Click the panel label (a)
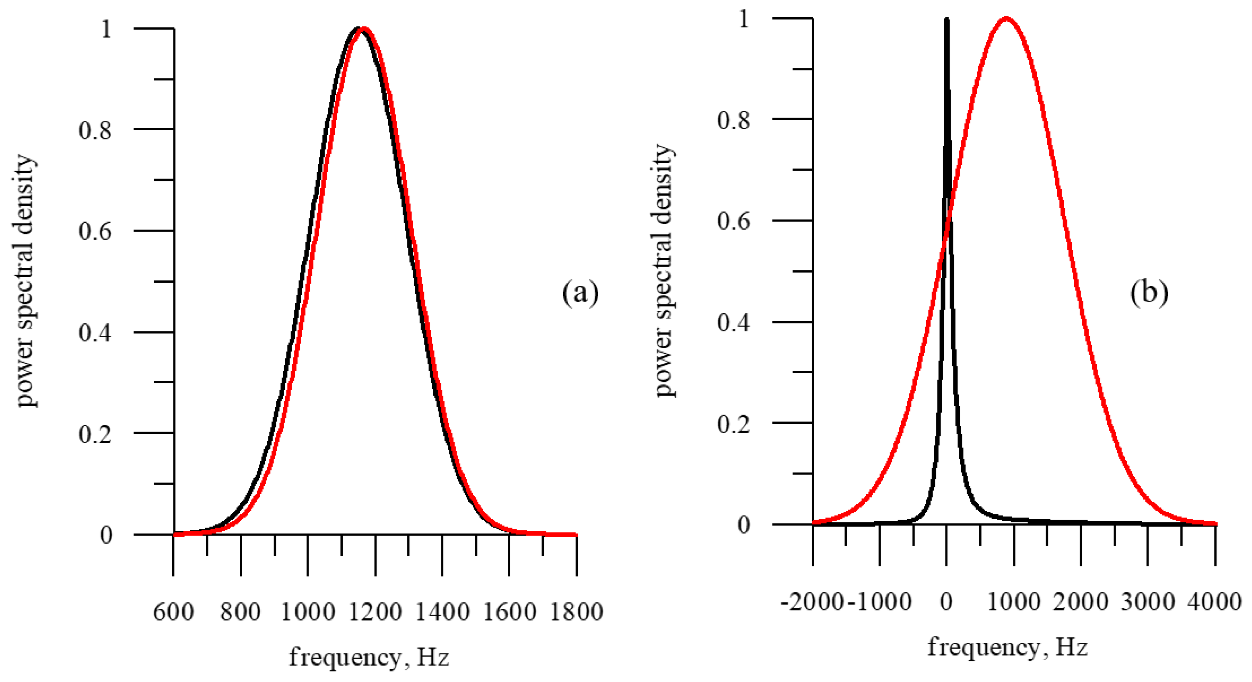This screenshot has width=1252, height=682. [x=580, y=293]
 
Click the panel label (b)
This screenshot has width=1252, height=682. [x=1149, y=293]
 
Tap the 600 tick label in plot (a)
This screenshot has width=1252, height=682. [x=173, y=612]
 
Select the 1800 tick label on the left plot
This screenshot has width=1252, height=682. [x=577, y=612]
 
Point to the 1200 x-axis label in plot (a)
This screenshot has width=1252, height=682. [x=375, y=612]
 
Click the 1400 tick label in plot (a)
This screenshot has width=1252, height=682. [x=442, y=612]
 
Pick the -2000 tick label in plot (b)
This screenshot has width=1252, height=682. [x=813, y=602]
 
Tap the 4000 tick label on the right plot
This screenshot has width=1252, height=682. [x=1215, y=602]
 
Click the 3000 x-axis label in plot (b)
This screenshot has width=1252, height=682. [x=1148, y=602]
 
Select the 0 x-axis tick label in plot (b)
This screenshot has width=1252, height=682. [x=946, y=602]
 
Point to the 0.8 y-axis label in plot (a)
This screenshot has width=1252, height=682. [x=95, y=130]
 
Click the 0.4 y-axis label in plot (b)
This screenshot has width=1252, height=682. [x=733, y=323]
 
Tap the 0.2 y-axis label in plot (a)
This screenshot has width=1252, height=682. [x=95, y=433]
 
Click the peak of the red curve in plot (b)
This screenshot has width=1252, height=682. [x=1006, y=19]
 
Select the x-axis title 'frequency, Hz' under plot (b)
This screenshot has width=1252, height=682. [x=1007, y=647]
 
